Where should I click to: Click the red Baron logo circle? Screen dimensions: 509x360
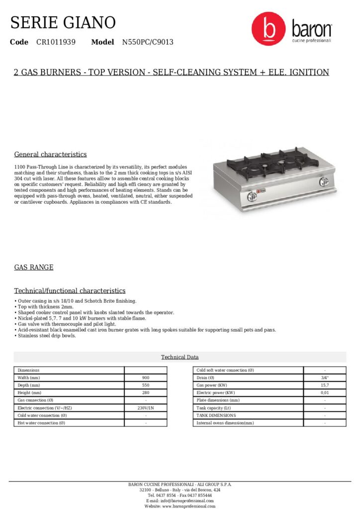coord(269,29)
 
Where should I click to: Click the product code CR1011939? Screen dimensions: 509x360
coord(56,42)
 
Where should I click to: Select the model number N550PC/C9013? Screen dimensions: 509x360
coord(148,42)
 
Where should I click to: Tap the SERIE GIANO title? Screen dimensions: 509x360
coord(63,22)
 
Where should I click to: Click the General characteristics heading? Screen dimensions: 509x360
coord(50,154)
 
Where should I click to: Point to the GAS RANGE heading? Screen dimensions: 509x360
coord(34,267)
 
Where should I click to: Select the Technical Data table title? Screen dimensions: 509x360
coord(180,357)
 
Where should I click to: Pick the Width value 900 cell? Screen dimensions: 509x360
coord(146,378)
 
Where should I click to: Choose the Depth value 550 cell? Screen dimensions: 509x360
coord(146,385)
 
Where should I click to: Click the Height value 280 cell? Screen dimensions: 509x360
coord(146,393)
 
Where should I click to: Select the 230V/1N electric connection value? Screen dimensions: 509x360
coord(146,408)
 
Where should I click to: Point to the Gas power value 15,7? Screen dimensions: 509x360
coord(325,385)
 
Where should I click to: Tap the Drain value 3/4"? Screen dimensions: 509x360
coord(325,378)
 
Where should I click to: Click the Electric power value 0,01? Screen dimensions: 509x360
coord(325,393)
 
